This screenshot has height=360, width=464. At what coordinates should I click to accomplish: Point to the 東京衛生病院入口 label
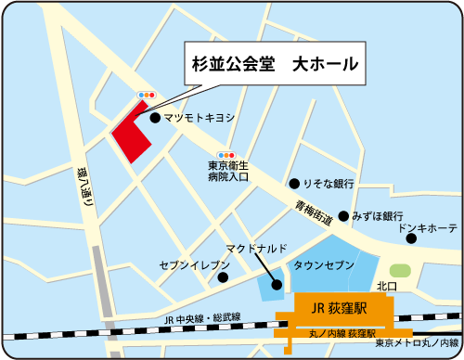click(x=228, y=171)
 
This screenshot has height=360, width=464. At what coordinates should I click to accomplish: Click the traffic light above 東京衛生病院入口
click(x=227, y=155)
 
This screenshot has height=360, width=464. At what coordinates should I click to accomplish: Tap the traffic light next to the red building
click(x=147, y=95)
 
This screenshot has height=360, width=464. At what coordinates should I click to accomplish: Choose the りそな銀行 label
click(x=329, y=184)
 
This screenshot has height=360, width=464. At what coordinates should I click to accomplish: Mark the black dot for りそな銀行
click(x=293, y=184)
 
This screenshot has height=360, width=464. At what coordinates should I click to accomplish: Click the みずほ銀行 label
click(x=380, y=215)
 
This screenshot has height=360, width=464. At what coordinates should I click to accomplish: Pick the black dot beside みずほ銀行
click(x=342, y=216)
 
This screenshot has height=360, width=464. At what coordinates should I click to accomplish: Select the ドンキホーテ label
click(x=428, y=227)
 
